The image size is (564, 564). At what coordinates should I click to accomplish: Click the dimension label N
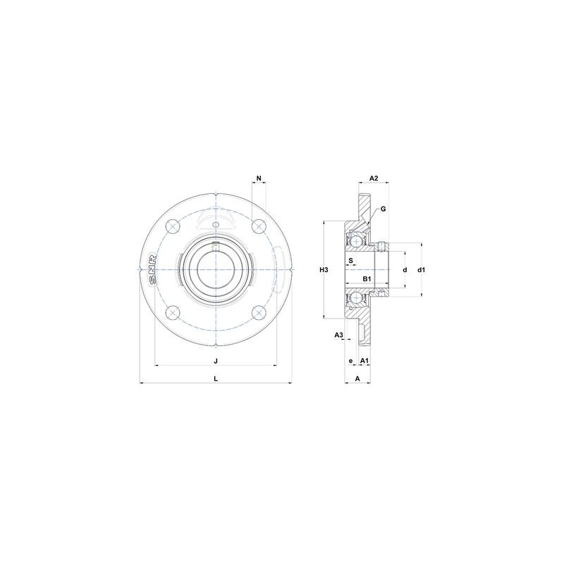[x=259, y=178]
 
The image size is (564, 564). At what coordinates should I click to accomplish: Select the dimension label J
[x=216, y=360]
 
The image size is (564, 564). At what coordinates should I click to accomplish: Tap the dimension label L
[x=216, y=378]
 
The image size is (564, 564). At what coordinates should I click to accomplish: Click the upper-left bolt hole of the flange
[x=172, y=226]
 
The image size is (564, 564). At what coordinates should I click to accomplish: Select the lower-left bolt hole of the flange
[x=172, y=314]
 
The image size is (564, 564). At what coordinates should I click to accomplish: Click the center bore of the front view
[x=215, y=269]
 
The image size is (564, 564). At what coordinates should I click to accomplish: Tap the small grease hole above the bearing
[x=216, y=225]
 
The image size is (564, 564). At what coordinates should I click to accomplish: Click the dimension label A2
[x=374, y=178]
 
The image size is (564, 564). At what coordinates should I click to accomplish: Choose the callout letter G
[x=383, y=209]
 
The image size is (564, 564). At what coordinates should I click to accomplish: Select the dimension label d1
[x=421, y=270]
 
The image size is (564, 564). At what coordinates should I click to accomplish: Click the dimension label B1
[x=367, y=280]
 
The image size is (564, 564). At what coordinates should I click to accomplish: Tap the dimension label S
[x=351, y=260]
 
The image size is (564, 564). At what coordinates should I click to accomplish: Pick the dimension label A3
[x=338, y=334]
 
